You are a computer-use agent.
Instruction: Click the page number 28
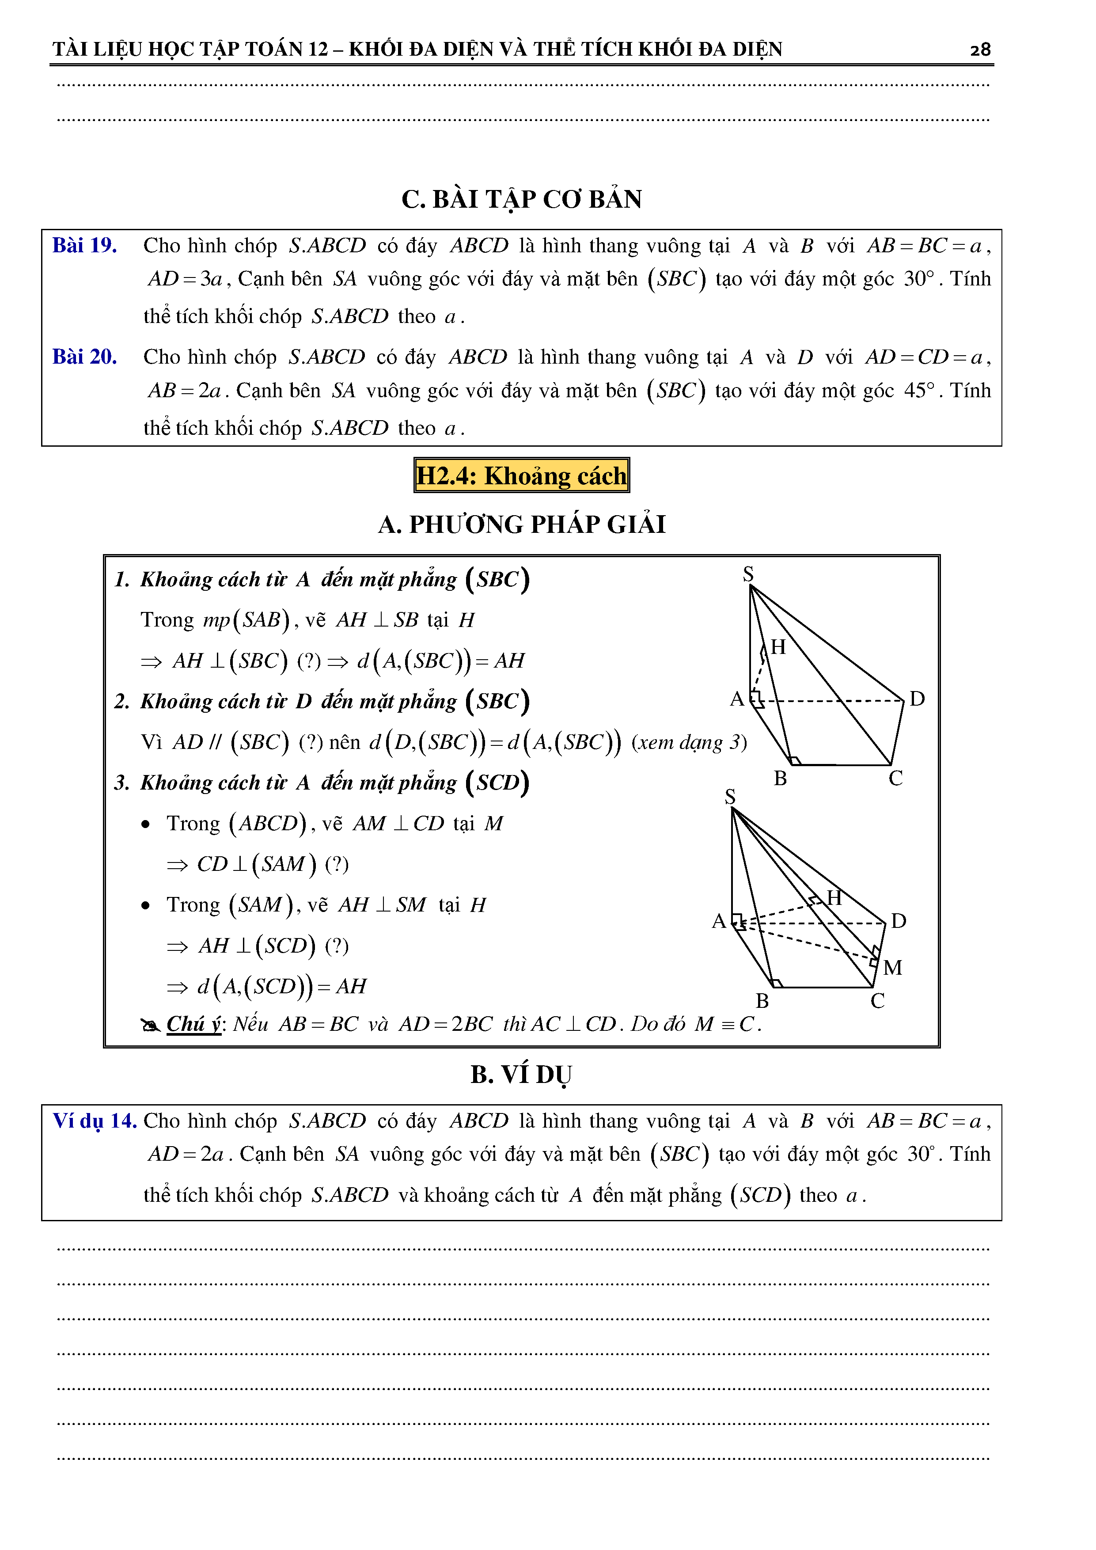tap(980, 49)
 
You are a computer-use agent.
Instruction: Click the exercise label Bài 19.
tap(84, 245)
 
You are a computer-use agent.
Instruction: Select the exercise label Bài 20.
tap(84, 357)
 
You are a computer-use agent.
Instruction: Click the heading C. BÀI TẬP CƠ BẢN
tap(522, 199)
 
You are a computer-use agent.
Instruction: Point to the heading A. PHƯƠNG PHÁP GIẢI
tap(522, 524)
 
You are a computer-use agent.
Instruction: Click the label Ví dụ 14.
tap(95, 1121)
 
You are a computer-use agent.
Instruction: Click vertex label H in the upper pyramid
tap(778, 647)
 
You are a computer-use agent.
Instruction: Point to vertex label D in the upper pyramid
tap(917, 699)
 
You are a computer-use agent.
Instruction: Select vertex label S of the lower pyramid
tap(729, 797)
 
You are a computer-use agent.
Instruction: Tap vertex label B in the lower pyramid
tap(762, 1000)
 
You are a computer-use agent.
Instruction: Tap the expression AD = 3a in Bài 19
tap(185, 279)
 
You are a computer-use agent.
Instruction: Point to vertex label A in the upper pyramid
tap(736, 699)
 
